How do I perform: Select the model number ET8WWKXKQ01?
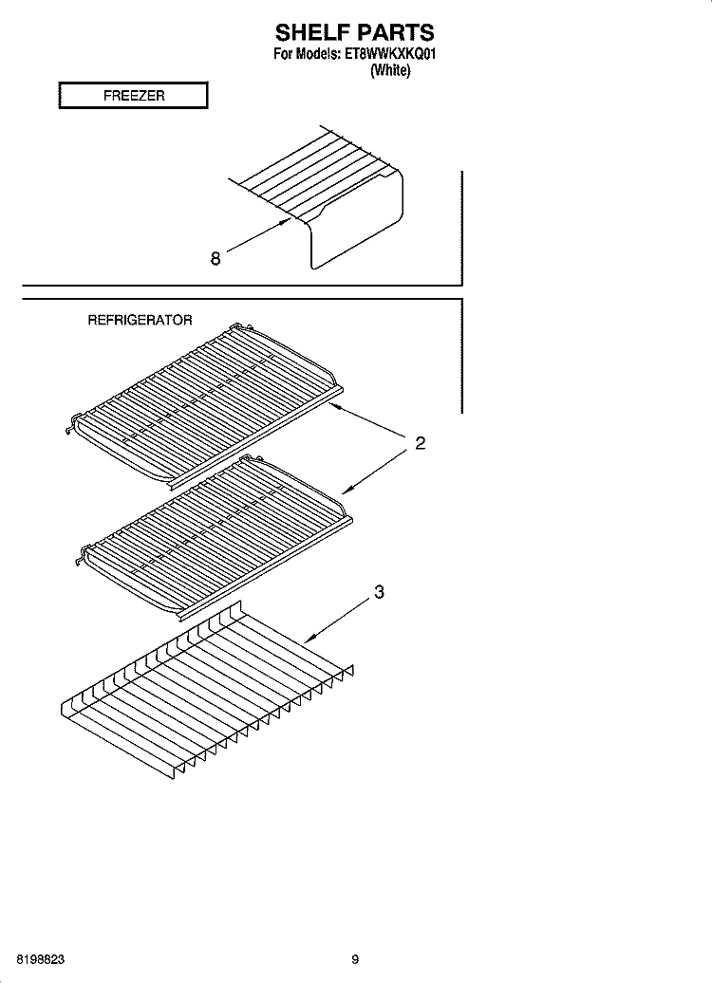(389, 54)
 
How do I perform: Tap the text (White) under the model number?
(390, 70)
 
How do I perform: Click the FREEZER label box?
(133, 95)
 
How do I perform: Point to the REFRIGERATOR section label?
(140, 321)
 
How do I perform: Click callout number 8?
(215, 258)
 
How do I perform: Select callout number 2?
(421, 443)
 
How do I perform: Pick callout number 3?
(379, 591)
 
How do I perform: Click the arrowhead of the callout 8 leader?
(288, 220)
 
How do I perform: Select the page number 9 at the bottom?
(355, 959)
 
